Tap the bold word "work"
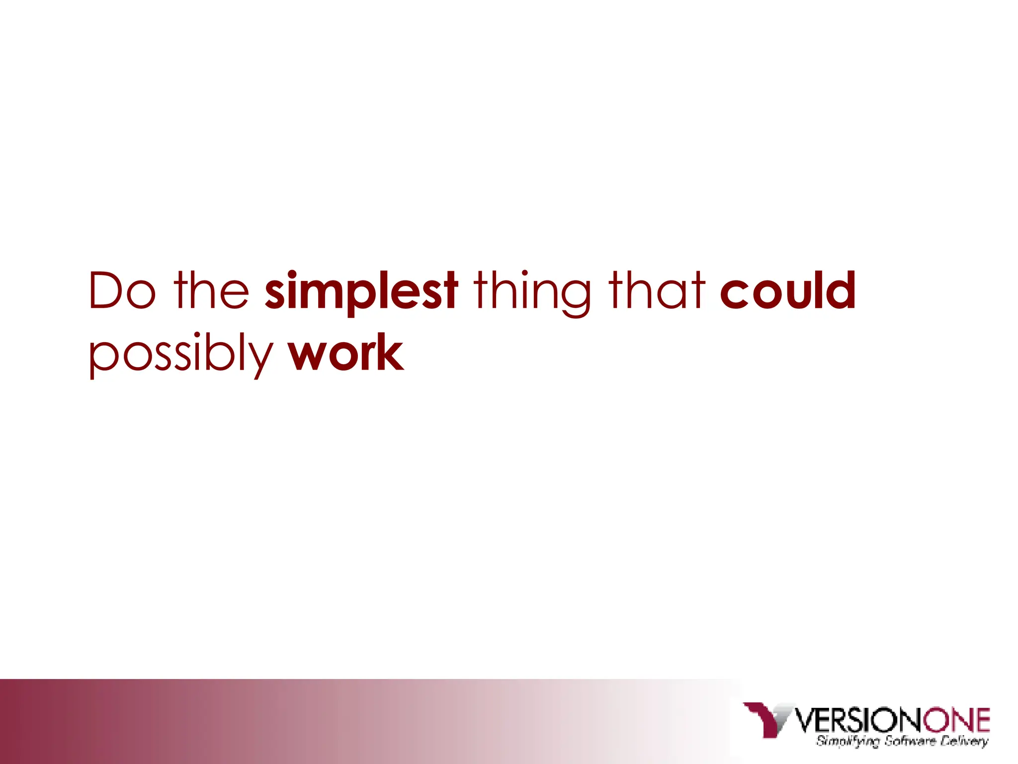coord(346,353)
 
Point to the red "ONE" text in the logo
coord(956,720)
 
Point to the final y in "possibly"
coord(261,358)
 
